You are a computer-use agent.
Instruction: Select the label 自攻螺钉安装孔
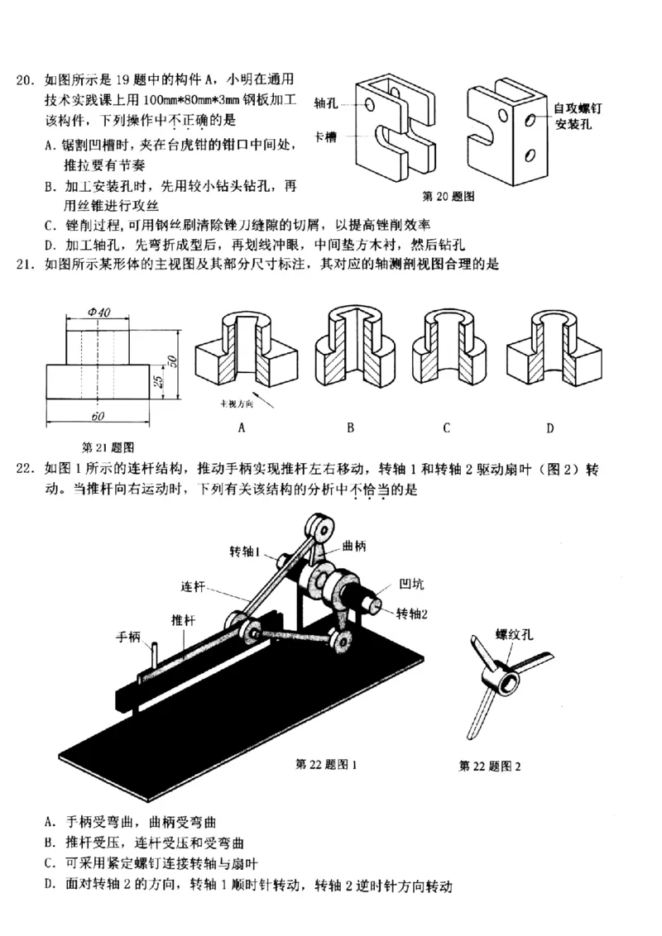click(x=578, y=117)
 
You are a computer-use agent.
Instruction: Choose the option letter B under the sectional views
click(x=351, y=427)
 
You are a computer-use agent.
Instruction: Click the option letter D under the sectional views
click(x=549, y=427)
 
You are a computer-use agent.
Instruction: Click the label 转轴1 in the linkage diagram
click(x=246, y=551)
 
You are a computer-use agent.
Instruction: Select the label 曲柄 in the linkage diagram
click(x=354, y=547)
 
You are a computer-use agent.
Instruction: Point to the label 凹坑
click(x=411, y=585)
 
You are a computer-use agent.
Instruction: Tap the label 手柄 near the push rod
click(x=128, y=637)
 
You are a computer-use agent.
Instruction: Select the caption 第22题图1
click(x=325, y=764)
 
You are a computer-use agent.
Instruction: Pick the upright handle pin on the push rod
click(x=154, y=661)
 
